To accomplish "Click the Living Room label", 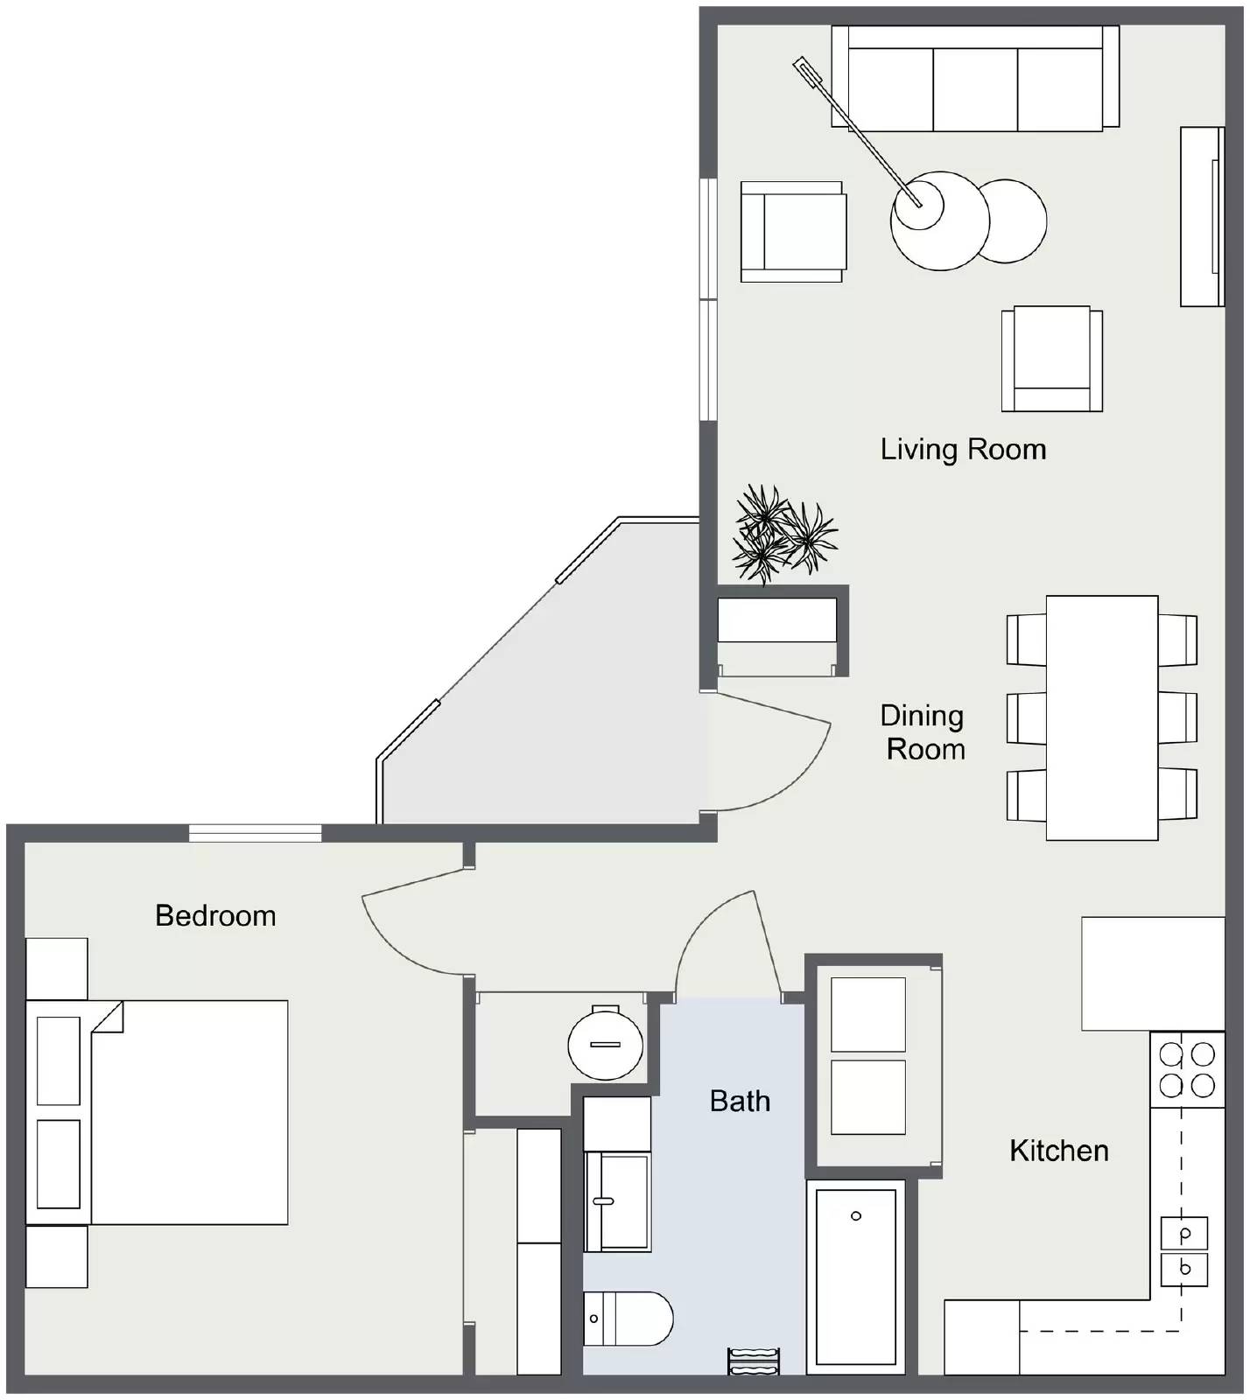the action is tap(963, 450).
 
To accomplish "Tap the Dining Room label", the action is tap(923, 732).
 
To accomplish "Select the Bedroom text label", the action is tap(215, 916).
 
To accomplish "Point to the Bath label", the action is tap(740, 1101).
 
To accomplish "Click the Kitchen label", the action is tap(1059, 1151).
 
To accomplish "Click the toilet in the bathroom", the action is tap(628, 1319).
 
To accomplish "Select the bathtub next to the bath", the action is tap(856, 1277).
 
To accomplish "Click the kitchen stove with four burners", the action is tap(1187, 1069).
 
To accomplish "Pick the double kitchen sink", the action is tap(1184, 1251).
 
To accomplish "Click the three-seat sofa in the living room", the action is tap(975, 78).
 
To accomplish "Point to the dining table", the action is tap(1102, 717).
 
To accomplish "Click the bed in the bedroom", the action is tap(158, 1112).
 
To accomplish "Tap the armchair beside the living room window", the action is tap(793, 232).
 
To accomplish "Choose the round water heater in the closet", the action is tap(606, 1042).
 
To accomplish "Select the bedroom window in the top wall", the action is tap(256, 832).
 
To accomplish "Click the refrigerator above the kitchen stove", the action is tap(1153, 973).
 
